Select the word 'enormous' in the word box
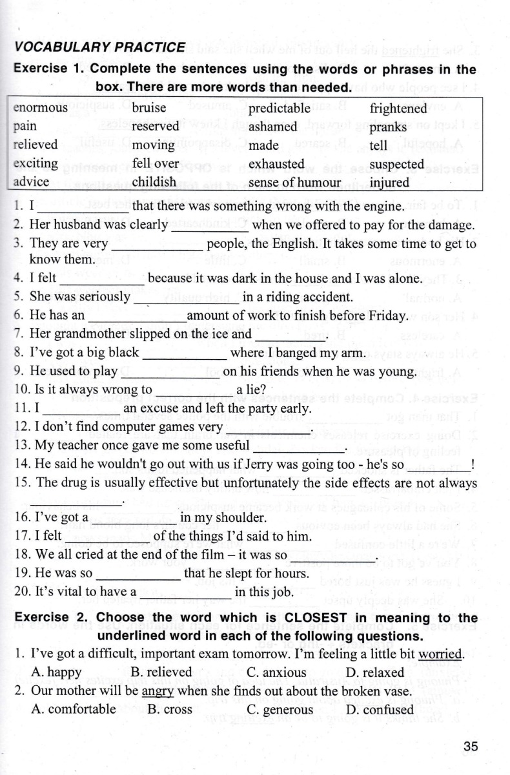click(40, 108)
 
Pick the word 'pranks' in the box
click(388, 127)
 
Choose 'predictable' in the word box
click(280, 108)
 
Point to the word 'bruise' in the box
click(148, 108)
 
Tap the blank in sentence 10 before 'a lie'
click(194, 391)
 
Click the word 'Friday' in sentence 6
click(385, 316)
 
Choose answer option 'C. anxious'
click(276, 672)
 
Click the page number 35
click(470, 747)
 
